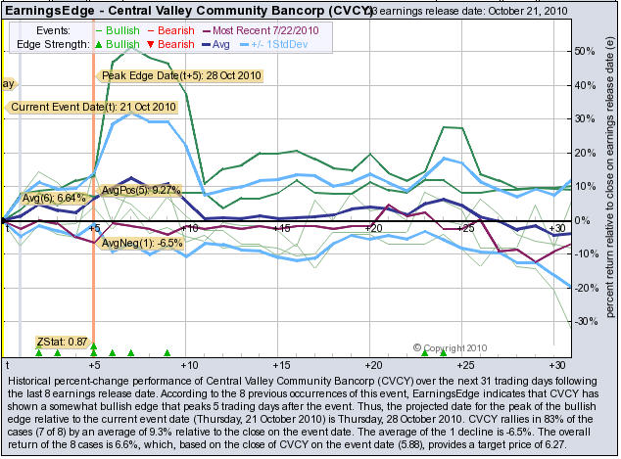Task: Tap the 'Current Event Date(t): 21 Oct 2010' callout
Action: pyautogui.click(x=93, y=107)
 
